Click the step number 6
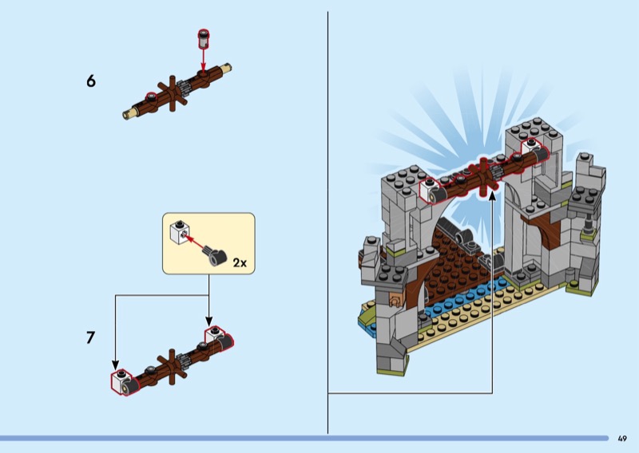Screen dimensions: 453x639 point(90,81)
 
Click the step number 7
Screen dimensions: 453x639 point(90,337)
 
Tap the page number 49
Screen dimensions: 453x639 point(622,438)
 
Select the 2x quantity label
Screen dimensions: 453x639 point(239,262)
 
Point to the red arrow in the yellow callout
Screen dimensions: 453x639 point(196,242)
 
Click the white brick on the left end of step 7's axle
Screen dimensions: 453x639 point(121,382)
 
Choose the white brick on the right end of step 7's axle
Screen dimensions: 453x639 point(216,337)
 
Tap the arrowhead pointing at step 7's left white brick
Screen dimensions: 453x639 point(115,366)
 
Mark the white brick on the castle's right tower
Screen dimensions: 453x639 point(532,149)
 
